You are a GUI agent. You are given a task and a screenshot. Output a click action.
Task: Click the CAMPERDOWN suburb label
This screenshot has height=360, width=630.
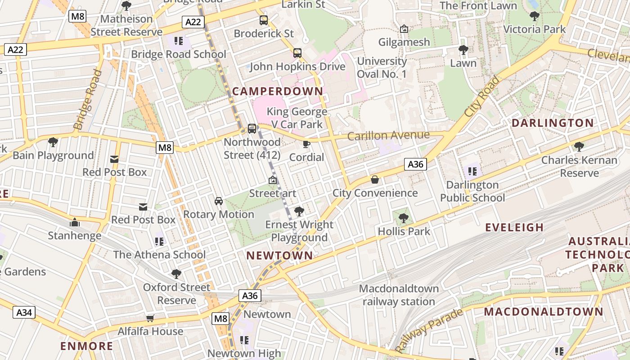[x=278, y=91]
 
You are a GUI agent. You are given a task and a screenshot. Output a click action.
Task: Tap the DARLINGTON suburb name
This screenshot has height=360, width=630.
[x=553, y=123]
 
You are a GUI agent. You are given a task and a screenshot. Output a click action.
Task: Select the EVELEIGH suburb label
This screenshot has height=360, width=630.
[x=514, y=227]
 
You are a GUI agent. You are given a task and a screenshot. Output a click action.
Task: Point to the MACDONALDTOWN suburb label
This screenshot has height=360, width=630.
[x=543, y=311]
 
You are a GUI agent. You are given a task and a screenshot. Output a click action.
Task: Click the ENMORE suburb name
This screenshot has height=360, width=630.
[x=87, y=346]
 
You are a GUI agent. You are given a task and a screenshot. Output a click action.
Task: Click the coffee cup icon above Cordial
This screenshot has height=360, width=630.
[x=306, y=144]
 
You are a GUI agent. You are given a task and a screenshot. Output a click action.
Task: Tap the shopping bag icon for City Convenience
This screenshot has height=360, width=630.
[x=374, y=180]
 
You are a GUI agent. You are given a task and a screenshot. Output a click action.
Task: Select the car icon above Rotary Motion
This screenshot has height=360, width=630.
[x=219, y=201]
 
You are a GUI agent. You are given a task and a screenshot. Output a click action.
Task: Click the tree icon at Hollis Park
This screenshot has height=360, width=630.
[x=404, y=218]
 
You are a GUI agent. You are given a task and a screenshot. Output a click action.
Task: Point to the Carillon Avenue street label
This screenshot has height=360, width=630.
[x=388, y=135]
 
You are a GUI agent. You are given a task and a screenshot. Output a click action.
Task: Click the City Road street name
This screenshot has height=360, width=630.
[x=482, y=97]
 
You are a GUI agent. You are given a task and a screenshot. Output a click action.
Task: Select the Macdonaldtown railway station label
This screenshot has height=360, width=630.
[x=399, y=295]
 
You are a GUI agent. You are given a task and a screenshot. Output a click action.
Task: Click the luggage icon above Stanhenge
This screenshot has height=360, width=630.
[x=75, y=222]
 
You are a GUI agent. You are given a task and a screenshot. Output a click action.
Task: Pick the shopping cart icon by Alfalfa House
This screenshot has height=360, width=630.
[x=150, y=318]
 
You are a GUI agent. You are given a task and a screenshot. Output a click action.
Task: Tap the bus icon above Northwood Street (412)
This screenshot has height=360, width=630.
[x=252, y=129]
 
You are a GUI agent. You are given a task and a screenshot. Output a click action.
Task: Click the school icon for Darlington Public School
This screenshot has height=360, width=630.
[x=472, y=171]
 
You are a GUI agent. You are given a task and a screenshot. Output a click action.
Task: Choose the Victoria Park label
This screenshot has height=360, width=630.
[x=534, y=29]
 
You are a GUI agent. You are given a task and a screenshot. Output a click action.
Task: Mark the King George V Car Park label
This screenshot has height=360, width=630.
[x=297, y=117]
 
